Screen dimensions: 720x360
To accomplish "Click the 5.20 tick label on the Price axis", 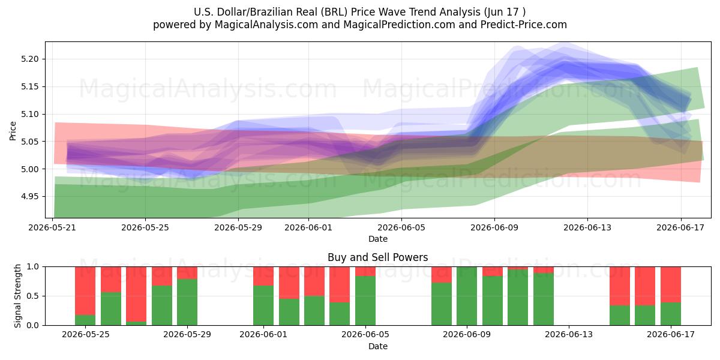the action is (29, 59).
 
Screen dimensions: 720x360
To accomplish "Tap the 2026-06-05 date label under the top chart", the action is (401, 227).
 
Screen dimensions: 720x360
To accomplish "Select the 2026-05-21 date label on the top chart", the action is (52, 227).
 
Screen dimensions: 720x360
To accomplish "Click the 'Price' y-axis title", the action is (13, 131).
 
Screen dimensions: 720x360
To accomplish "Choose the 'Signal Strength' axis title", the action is (17, 296).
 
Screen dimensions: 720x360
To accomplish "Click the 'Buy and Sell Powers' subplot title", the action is (377, 257).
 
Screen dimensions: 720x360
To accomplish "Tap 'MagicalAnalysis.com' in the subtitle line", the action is (266, 25).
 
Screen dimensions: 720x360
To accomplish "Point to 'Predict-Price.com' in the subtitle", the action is (524, 25).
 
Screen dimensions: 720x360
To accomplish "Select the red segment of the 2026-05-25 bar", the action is (85, 290).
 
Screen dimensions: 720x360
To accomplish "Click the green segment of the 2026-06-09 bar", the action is (467, 296).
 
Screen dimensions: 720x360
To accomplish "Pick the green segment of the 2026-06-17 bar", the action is (671, 314).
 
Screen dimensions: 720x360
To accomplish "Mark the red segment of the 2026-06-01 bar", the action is (263, 276).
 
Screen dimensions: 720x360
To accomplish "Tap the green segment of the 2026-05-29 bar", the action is (187, 302).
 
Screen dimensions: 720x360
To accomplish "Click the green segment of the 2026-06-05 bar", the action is (365, 301).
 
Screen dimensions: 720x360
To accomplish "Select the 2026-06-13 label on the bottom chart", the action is (569, 335).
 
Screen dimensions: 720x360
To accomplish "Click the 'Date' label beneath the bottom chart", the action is (377, 346).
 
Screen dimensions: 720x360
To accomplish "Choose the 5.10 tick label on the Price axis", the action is (29, 114).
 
